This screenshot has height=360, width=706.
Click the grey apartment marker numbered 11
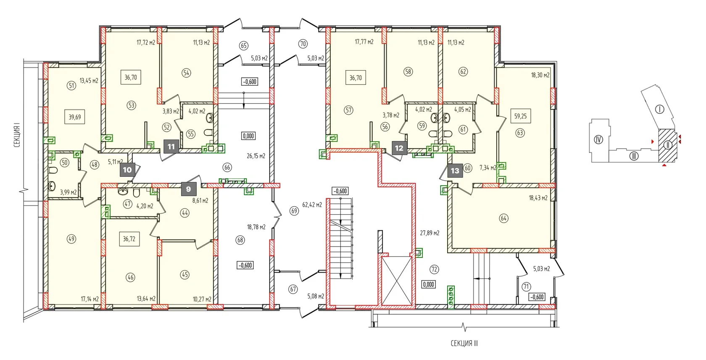(x=171, y=147)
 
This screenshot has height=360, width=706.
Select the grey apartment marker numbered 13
(x=455, y=171)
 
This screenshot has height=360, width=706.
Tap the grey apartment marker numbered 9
(x=188, y=189)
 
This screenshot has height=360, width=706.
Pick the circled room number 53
(x=132, y=105)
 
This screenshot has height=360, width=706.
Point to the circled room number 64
(x=503, y=218)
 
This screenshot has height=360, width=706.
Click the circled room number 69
(x=294, y=210)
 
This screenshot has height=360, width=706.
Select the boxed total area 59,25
(x=520, y=116)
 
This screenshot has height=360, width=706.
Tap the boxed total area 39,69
(x=75, y=117)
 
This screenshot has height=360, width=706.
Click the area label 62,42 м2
(x=312, y=205)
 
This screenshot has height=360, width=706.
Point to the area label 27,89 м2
(x=429, y=233)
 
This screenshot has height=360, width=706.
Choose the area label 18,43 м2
(x=538, y=198)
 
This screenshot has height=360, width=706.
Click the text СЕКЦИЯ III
(x=464, y=343)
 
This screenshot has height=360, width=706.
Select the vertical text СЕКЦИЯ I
(x=17, y=137)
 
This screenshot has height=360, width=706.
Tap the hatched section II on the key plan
(x=667, y=145)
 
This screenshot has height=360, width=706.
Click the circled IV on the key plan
(x=598, y=139)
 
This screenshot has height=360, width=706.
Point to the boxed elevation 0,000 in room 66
(x=248, y=136)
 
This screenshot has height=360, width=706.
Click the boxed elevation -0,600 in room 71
(x=537, y=297)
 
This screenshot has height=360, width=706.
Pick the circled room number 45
(x=185, y=275)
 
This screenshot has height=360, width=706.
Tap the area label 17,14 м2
(x=90, y=299)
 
